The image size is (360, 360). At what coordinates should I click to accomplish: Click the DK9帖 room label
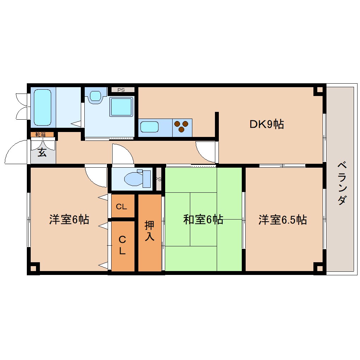[266, 124]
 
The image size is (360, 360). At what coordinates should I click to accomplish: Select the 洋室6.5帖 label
[282, 220]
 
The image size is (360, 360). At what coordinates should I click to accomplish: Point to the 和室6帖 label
[203, 220]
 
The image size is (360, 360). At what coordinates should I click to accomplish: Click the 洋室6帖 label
[69, 220]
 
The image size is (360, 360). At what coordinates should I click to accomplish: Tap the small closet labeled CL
[121, 207]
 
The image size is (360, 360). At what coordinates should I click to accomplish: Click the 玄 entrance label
[42, 153]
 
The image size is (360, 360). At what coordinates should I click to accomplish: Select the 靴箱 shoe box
[40, 134]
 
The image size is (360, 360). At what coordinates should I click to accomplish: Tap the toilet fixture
[138, 179]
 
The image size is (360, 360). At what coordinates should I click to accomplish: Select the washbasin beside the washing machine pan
[95, 96]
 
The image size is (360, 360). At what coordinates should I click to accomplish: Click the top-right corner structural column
[319, 90]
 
